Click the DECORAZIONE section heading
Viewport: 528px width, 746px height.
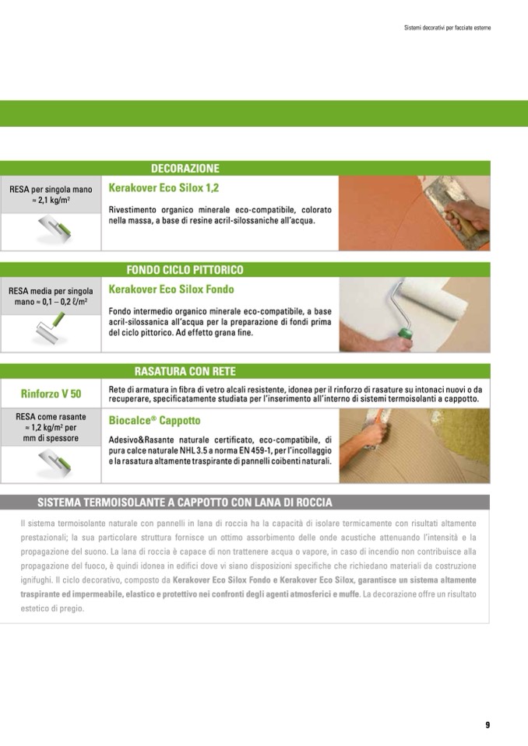185,169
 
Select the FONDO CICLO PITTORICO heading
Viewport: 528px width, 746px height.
185,270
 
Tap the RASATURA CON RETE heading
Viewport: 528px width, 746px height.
185,371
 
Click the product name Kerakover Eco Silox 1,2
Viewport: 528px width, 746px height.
164,188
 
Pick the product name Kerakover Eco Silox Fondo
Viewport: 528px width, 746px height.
171,289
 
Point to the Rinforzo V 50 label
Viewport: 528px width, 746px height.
51,394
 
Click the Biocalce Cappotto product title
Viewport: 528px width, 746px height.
154,421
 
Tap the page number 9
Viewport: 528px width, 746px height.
488,724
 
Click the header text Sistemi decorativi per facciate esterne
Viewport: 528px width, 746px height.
448,27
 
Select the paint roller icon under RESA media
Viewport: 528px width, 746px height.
51,327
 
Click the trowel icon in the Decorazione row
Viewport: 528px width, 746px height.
55,229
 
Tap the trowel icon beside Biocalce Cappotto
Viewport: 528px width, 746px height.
55,464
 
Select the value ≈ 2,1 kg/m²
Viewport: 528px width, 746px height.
51,200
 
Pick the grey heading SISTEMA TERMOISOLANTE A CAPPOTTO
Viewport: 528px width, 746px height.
185,503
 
